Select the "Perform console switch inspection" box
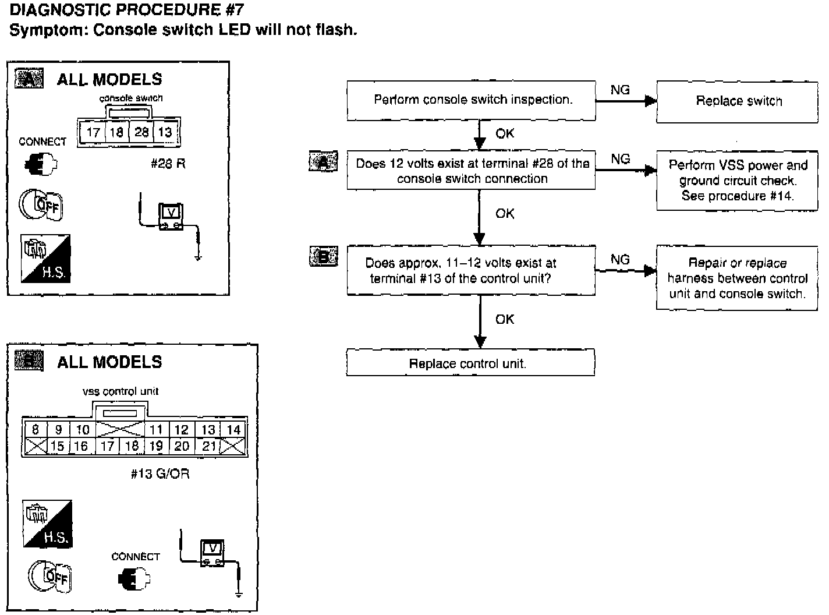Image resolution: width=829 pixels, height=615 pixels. (x=471, y=100)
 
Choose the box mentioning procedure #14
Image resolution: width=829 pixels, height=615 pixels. (x=737, y=181)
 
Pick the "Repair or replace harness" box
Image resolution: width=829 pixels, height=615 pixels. (x=737, y=278)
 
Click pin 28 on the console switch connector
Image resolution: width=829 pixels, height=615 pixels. (x=141, y=132)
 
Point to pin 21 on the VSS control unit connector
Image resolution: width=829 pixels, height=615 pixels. (x=209, y=446)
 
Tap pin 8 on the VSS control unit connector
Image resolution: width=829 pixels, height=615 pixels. (x=36, y=430)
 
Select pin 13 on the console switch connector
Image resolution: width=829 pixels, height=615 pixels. (x=165, y=132)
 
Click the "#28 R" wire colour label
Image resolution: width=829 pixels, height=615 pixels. (x=168, y=164)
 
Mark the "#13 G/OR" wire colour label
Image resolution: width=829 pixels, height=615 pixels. (x=160, y=473)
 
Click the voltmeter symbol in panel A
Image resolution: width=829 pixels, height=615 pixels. (x=171, y=217)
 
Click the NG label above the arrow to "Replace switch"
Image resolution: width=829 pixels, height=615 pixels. (x=620, y=90)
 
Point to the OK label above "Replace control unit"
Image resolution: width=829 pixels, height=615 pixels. (x=505, y=319)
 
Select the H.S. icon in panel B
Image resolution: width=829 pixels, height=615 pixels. (x=48, y=524)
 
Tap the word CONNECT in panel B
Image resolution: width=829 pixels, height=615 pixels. (x=135, y=557)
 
